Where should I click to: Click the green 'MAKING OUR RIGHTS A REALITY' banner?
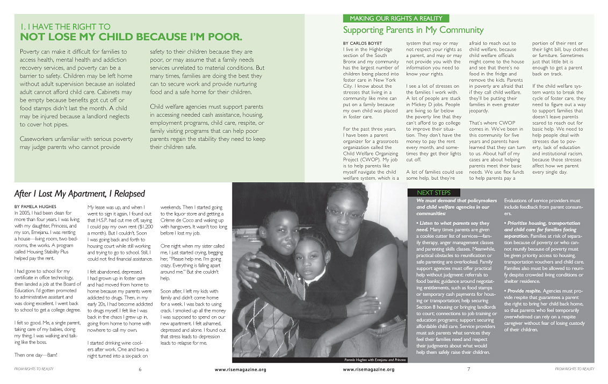point(395,18)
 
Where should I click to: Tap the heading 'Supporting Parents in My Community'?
point(413,30)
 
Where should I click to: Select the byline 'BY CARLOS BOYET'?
point(363,44)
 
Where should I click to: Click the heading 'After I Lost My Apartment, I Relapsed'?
point(79,194)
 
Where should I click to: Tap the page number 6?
point(140,369)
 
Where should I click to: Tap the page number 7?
point(468,369)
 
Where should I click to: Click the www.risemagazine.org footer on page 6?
point(240,370)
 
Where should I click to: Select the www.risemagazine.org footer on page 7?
point(368,370)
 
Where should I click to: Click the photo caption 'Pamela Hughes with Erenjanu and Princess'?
point(375,359)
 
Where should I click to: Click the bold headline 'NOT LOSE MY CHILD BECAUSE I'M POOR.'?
point(131,37)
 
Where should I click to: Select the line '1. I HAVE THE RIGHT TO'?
point(65,26)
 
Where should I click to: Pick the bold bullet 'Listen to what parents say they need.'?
point(452,226)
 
